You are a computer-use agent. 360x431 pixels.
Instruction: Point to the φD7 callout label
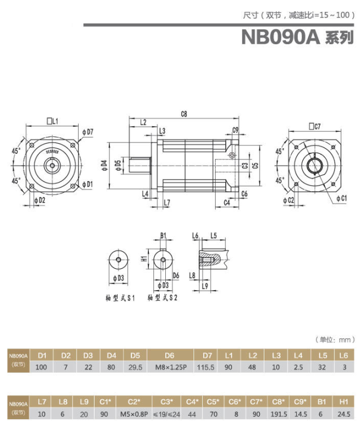tap(88, 132)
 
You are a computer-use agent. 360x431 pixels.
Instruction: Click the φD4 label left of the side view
tap(104, 165)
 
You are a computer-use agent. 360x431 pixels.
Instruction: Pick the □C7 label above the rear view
tap(315, 126)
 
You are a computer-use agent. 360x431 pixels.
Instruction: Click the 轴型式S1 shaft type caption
tap(119, 297)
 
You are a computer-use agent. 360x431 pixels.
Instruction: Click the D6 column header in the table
tap(169, 355)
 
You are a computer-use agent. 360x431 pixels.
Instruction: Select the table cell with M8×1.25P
tap(169, 367)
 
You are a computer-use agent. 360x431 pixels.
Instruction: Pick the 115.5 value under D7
tap(207, 367)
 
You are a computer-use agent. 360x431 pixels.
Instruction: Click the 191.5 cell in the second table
tap(278, 413)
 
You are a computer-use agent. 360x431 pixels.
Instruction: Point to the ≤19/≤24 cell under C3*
tap(167, 413)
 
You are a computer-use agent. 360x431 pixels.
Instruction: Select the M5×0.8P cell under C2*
tap(134, 413)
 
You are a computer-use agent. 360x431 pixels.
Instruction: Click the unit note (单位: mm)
tap(335, 340)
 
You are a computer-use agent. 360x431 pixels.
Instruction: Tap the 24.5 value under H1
tap(342, 413)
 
